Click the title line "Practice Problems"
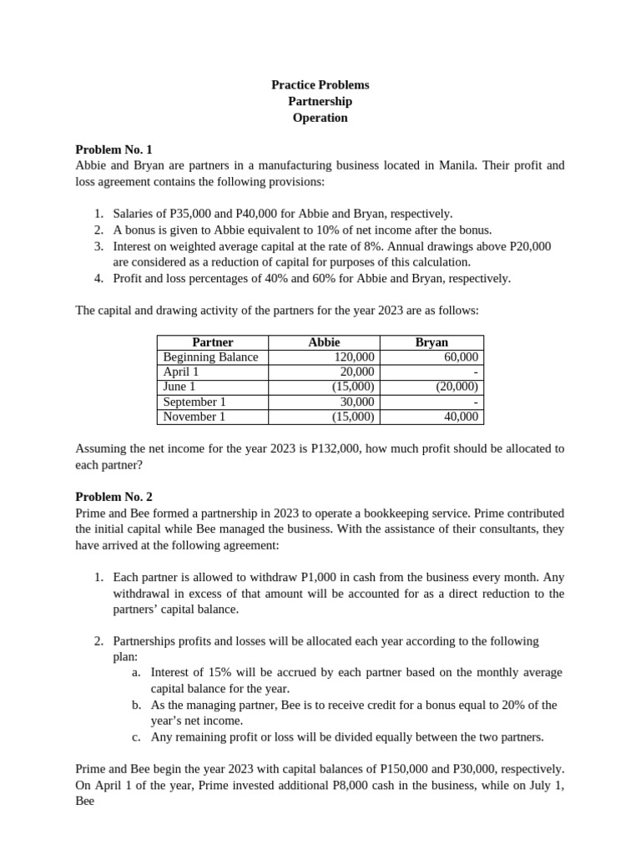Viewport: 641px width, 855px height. [320, 85]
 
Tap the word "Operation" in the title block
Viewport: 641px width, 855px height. [320, 118]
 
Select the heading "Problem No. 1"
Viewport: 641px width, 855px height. [114, 149]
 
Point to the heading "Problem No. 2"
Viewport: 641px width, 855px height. [114, 497]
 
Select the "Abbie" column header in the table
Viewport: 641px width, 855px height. [324, 342]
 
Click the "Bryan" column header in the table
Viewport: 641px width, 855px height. [432, 342]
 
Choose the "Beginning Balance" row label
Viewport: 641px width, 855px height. [210, 357]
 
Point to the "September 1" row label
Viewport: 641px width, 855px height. [194, 402]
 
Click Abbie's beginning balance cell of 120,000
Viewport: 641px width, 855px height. [354, 357]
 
